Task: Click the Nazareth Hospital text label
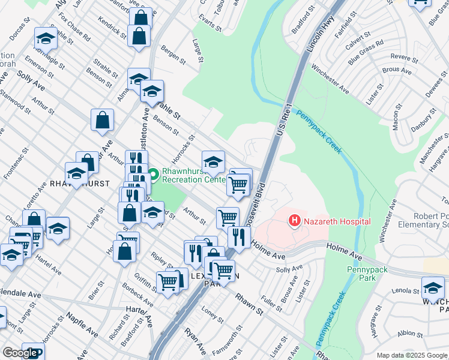337,221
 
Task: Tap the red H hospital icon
295,221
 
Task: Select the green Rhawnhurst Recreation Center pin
153,175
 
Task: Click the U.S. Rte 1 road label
284,121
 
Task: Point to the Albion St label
410,333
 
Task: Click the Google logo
19,353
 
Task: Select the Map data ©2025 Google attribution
411,355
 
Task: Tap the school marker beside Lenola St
433,287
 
